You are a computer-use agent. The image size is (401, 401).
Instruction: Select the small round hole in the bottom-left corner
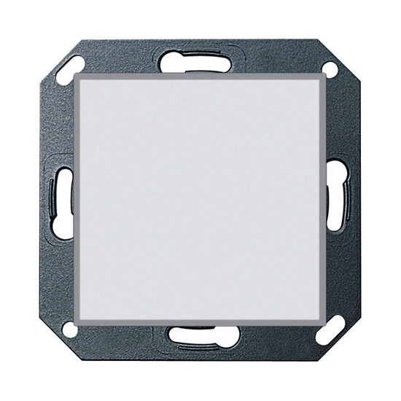[70, 330]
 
